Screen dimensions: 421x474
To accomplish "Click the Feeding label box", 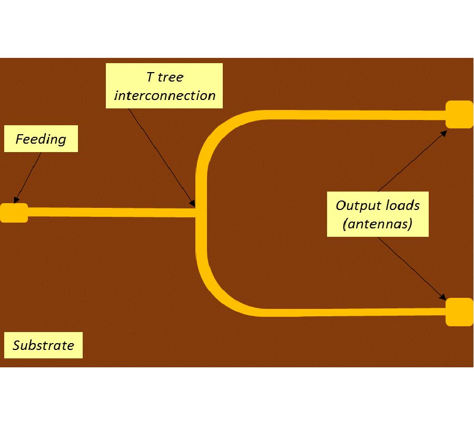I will (41, 139).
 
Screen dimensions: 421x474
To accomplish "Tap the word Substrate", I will (43, 346).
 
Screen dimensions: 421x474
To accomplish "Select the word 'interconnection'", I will (165, 95).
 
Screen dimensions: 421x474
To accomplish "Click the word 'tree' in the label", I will (172, 77).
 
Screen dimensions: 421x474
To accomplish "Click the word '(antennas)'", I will (377, 224).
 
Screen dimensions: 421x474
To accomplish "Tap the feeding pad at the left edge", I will (14, 213).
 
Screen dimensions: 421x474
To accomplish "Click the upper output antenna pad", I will (459, 115).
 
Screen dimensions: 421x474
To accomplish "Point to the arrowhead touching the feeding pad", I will (16, 200).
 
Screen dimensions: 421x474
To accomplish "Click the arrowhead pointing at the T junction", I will (193, 203).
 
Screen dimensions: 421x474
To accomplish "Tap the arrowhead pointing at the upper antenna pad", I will (443, 133).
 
